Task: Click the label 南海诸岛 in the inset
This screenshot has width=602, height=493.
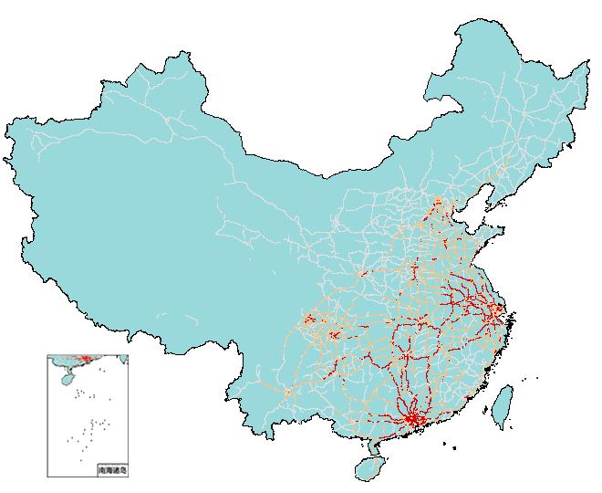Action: [x=112, y=470]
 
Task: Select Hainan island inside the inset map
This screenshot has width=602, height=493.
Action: [x=63, y=375]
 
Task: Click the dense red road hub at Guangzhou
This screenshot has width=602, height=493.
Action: [x=413, y=419]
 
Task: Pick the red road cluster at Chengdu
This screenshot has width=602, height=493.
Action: [x=309, y=320]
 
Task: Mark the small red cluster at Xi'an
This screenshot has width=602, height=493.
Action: [x=364, y=273]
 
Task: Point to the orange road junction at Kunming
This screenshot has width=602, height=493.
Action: [x=288, y=393]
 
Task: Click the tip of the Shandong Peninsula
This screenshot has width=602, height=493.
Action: [x=504, y=233]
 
